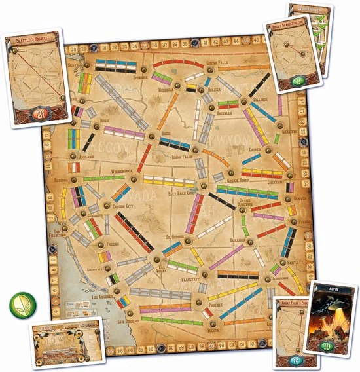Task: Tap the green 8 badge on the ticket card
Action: [x=298, y=82]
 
